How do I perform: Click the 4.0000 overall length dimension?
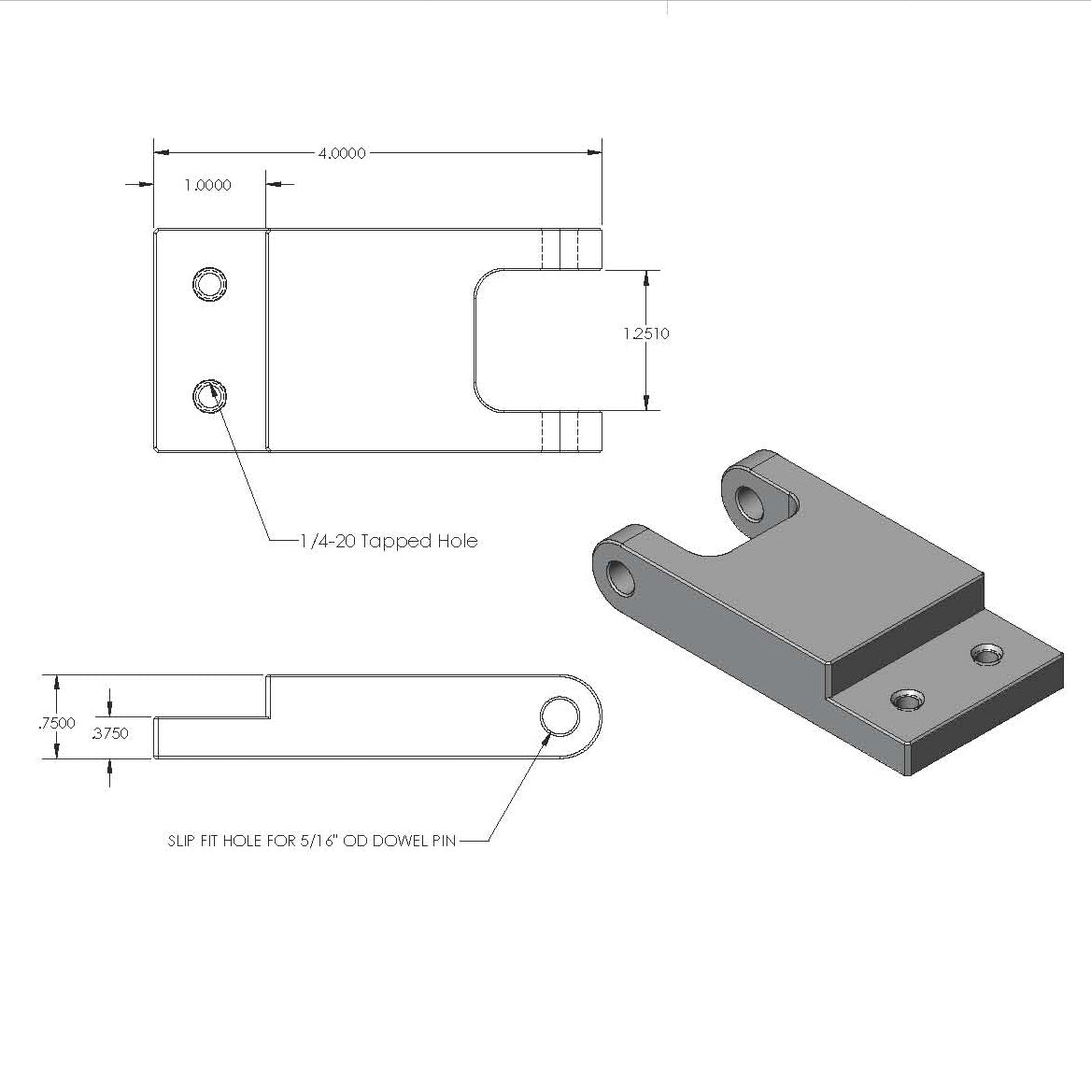pos(341,153)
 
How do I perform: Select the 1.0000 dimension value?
pos(207,185)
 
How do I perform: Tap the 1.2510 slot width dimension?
pos(646,333)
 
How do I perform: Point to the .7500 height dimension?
pos(57,722)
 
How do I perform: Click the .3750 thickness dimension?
pos(110,733)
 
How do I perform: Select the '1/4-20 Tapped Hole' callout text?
pos(389,541)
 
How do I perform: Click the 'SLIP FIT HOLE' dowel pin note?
pos(312,841)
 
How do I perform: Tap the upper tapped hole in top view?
pos(210,283)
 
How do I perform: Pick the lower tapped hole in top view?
pos(210,397)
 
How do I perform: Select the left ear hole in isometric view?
pos(620,579)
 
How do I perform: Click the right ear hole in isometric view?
pos(750,502)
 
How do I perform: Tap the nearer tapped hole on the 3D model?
pos(906,700)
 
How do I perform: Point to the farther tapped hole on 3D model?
pos(985,655)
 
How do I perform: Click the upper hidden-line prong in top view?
pos(571,249)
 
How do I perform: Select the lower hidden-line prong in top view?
pos(571,432)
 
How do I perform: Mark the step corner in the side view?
pos(269,716)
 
